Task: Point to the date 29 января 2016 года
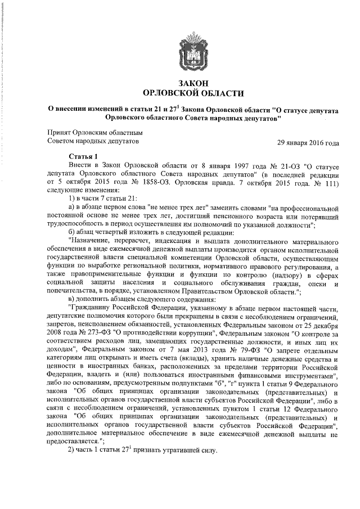[x=308, y=142]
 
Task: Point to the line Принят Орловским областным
[x=86, y=132]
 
